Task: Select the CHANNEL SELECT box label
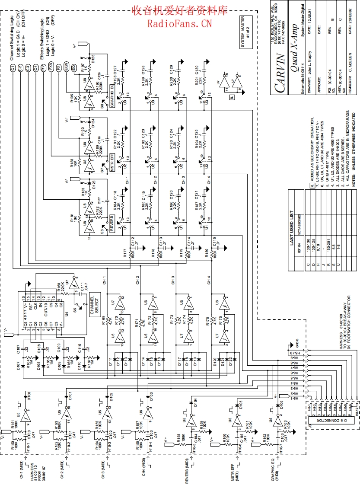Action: point(94,305)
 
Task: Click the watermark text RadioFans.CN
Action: point(179,23)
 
